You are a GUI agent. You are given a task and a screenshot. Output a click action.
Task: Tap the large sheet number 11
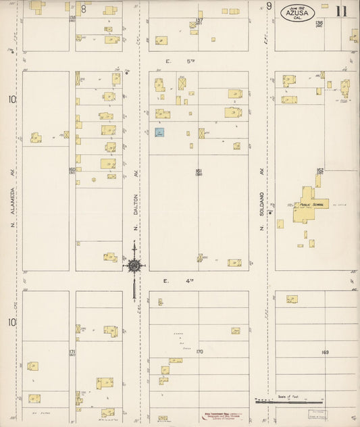coord(341,10)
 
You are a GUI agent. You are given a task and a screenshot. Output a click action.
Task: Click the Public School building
coord(308,205)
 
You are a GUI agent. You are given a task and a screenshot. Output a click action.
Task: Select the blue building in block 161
coord(160,133)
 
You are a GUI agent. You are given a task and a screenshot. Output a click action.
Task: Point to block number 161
coord(199,171)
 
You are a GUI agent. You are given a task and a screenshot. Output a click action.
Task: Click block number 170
coord(199,351)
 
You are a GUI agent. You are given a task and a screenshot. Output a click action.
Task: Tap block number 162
coord(320,170)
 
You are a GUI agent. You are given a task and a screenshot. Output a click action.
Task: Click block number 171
coord(72,352)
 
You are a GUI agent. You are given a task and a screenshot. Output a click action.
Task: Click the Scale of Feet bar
coord(289,401)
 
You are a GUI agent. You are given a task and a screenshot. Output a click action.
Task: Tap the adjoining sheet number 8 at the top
coord(84,8)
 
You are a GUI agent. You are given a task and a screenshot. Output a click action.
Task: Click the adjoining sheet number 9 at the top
coord(269,6)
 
